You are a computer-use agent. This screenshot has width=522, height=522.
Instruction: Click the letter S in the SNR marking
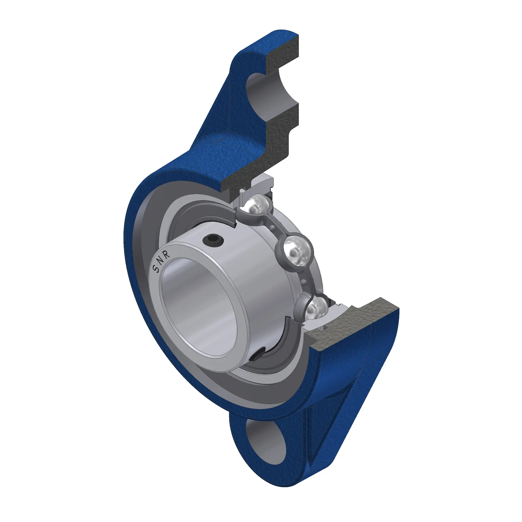pos(157,269)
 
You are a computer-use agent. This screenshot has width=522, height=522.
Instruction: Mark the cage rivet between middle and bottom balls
pos(305,283)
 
